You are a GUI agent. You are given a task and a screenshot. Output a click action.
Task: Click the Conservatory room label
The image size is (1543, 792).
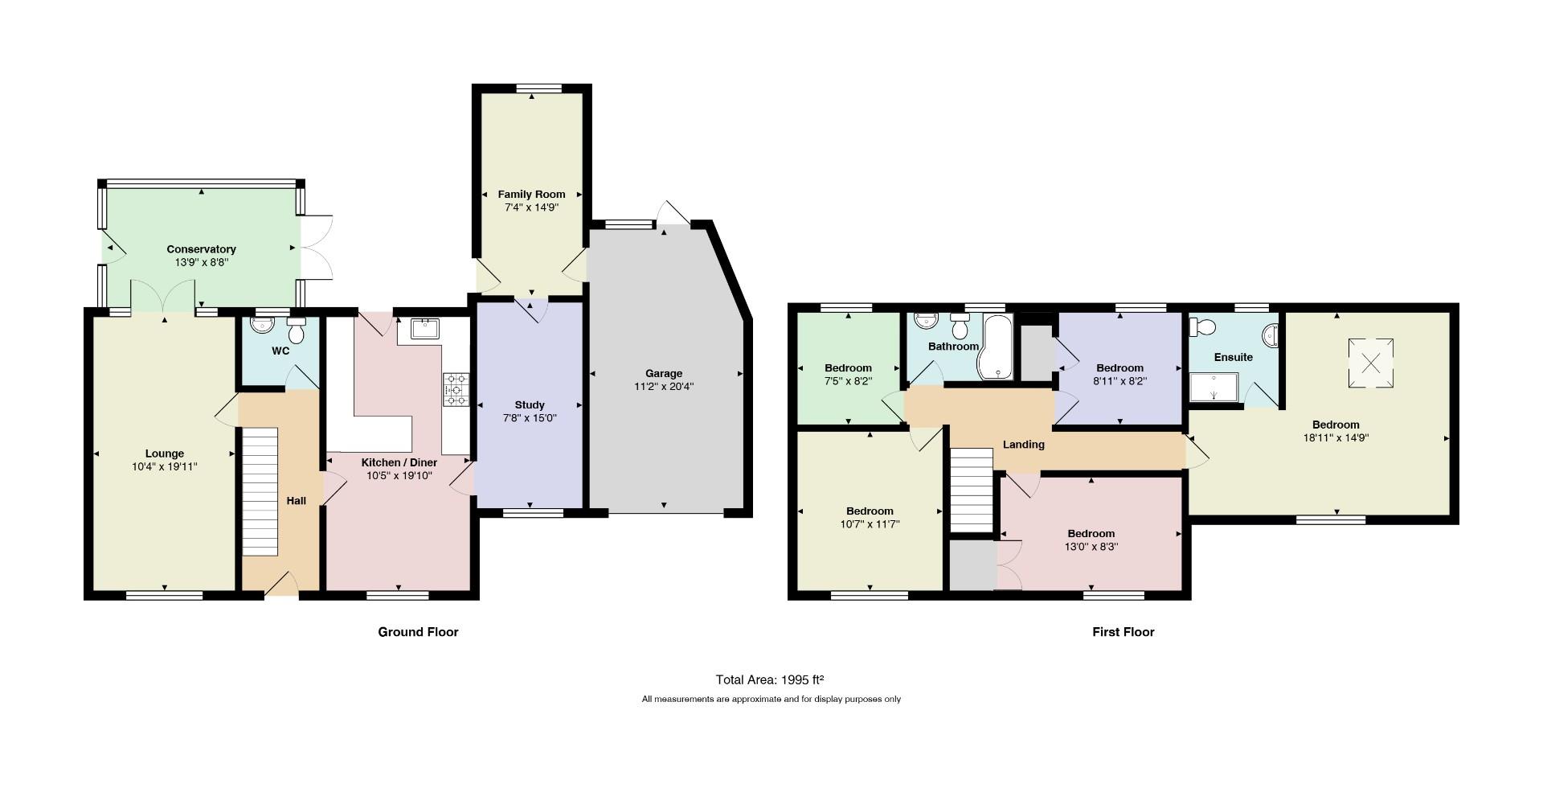201,249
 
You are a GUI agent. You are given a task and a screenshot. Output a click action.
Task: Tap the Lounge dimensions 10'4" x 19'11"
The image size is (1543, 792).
165,466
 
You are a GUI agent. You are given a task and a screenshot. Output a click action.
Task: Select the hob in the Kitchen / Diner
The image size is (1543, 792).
456,389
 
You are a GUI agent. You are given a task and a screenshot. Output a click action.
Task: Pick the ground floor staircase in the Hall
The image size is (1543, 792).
260,491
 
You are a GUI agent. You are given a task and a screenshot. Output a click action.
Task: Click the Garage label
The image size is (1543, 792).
664,373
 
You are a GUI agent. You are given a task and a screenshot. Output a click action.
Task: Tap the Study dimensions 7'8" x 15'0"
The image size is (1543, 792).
530,418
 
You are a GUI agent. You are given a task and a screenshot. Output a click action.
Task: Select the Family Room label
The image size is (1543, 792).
531,194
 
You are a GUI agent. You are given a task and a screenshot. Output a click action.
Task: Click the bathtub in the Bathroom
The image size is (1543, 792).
996,347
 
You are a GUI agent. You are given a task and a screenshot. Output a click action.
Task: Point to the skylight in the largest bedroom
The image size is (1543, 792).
1370,363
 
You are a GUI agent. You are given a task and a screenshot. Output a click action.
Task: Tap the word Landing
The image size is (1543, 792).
1024,445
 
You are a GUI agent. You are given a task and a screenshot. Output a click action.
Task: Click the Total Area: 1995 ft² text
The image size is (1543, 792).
771,679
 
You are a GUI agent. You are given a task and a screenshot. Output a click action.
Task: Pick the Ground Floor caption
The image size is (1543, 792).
418,632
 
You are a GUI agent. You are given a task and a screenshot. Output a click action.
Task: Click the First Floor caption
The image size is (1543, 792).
1123,632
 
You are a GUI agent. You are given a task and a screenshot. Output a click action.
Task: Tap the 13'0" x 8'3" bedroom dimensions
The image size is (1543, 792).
1091,547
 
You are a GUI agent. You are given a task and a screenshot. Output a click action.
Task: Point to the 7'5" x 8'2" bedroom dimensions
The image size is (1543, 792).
848,381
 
